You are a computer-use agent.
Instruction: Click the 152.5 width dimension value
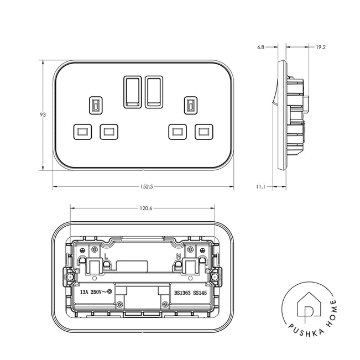tap(147, 187)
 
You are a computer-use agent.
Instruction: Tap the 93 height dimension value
tap(43, 114)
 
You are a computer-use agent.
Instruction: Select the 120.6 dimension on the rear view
tap(146, 208)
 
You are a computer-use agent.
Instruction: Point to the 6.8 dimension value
tap(260, 48)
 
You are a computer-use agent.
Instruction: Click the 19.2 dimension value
tap(321, 48)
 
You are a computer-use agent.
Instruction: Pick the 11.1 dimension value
tap(260, 187)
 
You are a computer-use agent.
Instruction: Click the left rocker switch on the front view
tap(133, 92)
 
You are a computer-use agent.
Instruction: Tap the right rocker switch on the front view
tap(154, 92)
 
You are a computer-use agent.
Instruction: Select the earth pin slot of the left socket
tap(96, 106)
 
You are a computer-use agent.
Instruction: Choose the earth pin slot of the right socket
tap(191, 106)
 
